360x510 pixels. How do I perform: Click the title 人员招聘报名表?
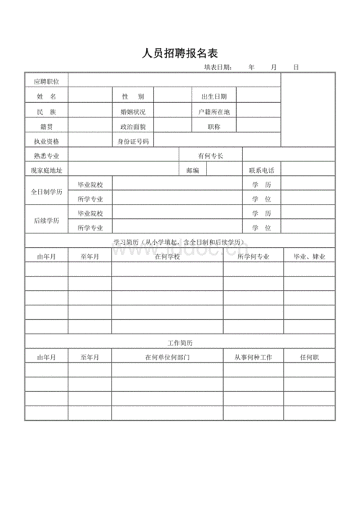coord(181,53)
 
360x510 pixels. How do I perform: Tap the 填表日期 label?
coord(218,68)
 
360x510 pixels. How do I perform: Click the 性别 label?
coord(132,96)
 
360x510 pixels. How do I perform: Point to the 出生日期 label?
coord(214,96)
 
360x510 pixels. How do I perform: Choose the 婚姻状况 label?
coord(132,112)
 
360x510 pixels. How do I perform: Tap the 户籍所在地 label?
coord(214,112)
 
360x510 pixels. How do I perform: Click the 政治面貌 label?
coord(132,127)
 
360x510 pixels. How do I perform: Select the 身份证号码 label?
coord(134,141)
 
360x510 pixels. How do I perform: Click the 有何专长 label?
coord(210,156)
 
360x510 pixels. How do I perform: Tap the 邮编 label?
coord(192,170)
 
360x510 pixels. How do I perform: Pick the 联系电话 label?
coord(261,170)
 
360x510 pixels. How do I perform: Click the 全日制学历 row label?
coord(47,192)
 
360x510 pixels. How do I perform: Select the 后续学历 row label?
coord(47,220)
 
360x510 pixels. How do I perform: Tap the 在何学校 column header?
coord(166,256)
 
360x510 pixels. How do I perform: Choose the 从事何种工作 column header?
coord(253,357)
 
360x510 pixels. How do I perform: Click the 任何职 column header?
coord(310,357)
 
